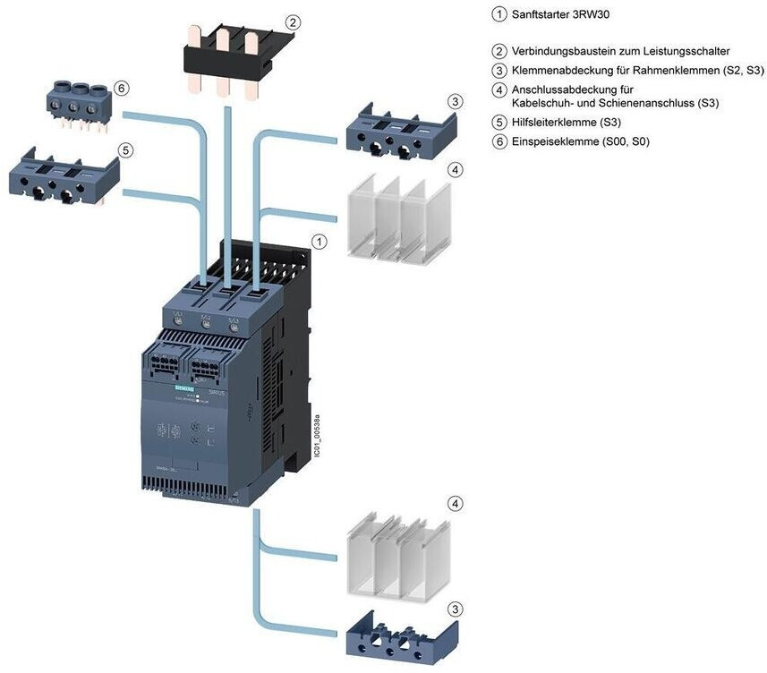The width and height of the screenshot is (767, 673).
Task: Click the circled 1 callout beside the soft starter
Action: (x=318, y=242)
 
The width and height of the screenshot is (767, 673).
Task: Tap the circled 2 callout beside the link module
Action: (x=292, y=21)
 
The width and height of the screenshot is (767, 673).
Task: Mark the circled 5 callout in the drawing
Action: (x=126, y=150)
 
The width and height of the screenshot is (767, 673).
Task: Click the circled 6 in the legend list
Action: (x=499, y=141)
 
